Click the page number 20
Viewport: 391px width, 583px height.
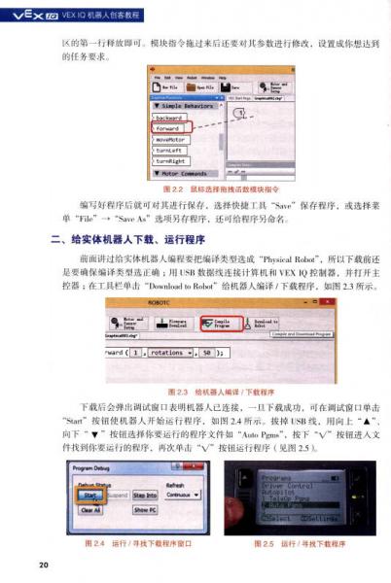[44, 565]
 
